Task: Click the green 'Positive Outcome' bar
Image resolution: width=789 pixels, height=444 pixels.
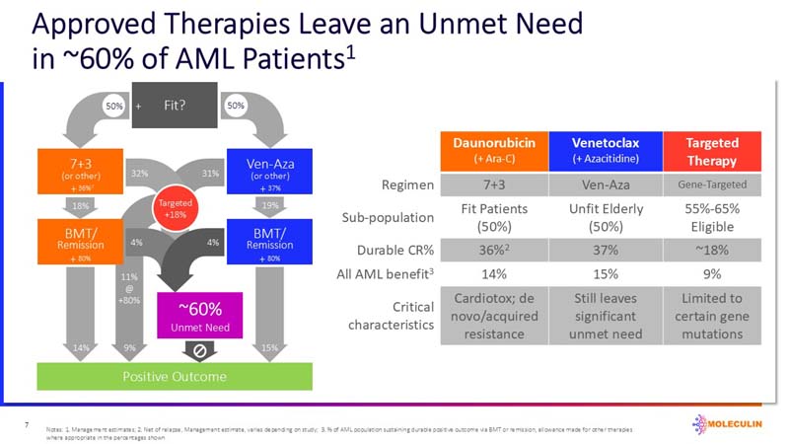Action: pos(175,377)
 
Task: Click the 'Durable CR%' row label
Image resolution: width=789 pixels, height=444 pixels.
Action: pos(397,250)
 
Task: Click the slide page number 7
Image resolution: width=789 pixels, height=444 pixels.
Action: pos(26,424)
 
